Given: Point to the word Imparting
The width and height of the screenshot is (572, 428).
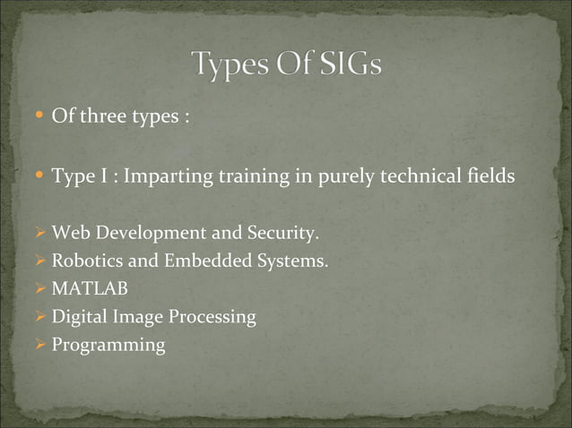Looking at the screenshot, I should pos(164,176).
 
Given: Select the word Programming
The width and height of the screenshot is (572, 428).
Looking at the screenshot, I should pos(108,345).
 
